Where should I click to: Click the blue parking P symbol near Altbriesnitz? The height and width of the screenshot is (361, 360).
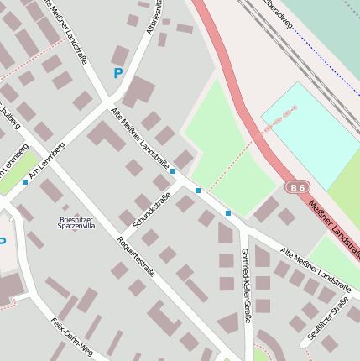[117, 73]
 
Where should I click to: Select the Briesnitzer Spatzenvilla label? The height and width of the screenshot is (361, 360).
[76, 222]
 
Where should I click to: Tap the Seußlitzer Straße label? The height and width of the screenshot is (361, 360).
[327, 322]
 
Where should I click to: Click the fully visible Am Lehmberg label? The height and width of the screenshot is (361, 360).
[46, 161]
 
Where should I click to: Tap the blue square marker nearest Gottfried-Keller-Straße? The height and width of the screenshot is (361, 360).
[227, 213]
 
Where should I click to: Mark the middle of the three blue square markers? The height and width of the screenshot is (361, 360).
[198, 191]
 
